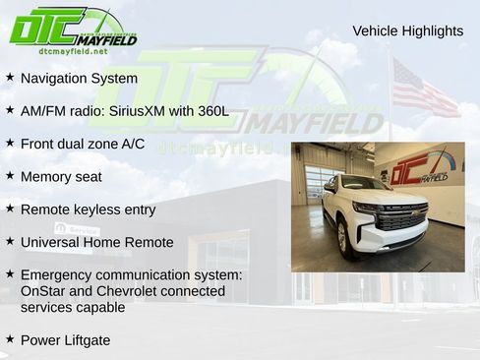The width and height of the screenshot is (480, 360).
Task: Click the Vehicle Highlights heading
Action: (x=407, y=31)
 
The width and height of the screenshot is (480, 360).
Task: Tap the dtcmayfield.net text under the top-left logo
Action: (x=74, y=50)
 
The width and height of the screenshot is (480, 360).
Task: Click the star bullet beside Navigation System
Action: (x=10, y=77)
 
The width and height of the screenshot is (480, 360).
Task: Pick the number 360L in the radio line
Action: (x=211, y=110)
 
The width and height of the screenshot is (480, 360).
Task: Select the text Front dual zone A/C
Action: (x=83, y=144)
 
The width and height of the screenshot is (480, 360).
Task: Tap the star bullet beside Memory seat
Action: (x=10, y=176)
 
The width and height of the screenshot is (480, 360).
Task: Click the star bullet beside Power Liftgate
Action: (x=10, y=339)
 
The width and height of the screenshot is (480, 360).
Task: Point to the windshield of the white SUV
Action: (x=365, y=184)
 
